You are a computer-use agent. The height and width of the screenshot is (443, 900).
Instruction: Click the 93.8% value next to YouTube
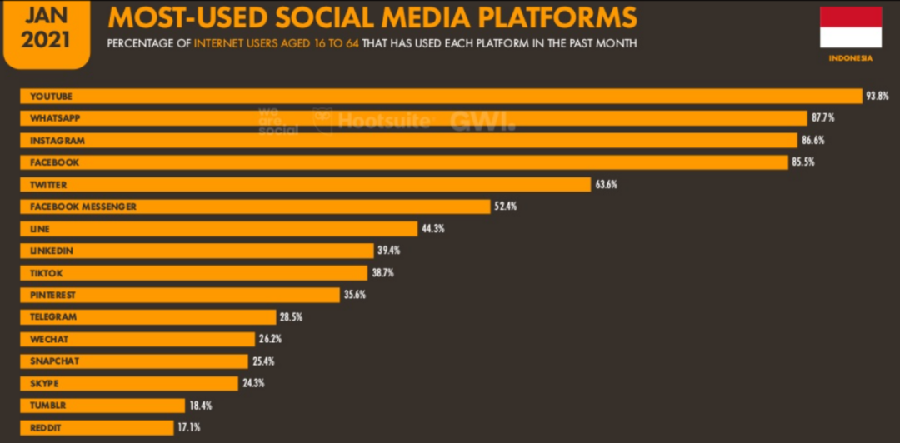[x=877, y=96]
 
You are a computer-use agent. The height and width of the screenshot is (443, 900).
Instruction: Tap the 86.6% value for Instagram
[x=812, y=140]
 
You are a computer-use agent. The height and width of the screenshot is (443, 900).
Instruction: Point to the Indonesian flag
[x=851, y=27]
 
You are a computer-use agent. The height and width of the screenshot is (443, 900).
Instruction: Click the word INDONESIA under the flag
[x=851, y=58]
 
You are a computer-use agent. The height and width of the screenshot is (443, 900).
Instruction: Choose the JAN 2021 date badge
[x=46, y=28]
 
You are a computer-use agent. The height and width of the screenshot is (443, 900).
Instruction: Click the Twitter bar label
[x=48, y=184]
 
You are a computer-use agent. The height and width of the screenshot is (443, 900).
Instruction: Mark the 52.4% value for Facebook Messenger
[x=505, y=206]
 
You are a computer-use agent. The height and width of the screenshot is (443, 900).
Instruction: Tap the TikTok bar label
[x=46, y=272]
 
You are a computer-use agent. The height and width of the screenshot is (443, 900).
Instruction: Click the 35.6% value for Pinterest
[x=354, y=294]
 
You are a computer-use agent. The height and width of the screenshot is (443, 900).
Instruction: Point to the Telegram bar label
[x=53, y=316]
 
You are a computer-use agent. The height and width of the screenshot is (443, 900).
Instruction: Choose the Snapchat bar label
[x=54, y=361]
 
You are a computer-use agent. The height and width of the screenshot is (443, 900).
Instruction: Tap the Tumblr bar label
[x=47, y=405]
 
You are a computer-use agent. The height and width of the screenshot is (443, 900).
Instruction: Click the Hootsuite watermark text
[x=383, y=121]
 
